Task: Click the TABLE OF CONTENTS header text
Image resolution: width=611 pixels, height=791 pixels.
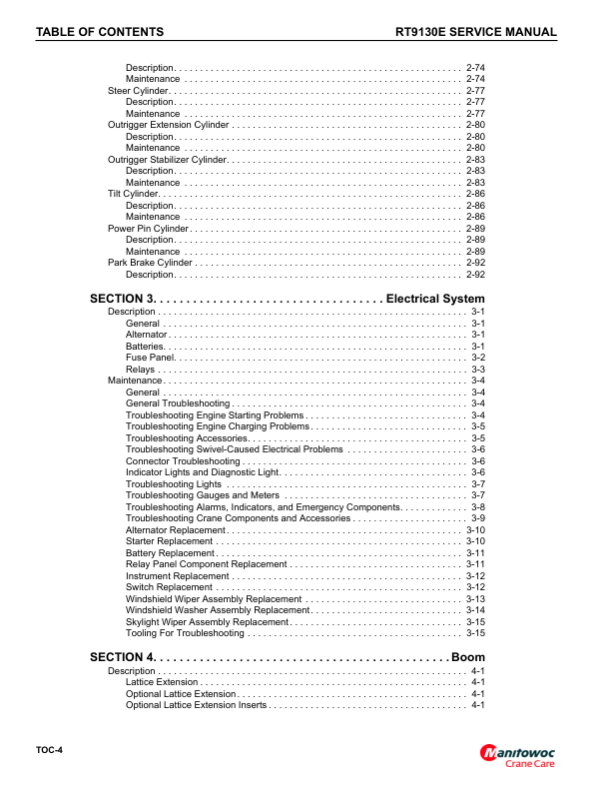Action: point(100,33)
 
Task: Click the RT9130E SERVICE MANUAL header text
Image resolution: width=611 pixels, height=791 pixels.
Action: point(476,33)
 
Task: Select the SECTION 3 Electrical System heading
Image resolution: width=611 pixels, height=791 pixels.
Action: point(288,299)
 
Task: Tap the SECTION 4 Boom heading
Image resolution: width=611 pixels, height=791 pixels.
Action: point(288,657)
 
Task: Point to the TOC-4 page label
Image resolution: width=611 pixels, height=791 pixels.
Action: point(49,749)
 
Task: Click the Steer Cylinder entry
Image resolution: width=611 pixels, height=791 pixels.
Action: point(138,90)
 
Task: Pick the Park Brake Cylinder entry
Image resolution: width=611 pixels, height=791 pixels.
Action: point(149,263)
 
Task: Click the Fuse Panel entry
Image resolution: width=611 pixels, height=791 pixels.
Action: point(151,358)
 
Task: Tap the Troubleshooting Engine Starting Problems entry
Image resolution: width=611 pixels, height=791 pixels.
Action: point(215,414)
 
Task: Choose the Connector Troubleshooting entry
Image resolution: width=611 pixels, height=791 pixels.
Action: point(183,461)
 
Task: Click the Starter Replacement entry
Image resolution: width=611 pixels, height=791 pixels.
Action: point(170,541)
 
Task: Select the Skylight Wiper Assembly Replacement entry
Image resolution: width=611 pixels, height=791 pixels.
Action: point(207,622)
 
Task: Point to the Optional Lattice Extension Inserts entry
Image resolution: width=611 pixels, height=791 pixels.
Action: point(196,705)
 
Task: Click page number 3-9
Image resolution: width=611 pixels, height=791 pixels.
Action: point(477,518)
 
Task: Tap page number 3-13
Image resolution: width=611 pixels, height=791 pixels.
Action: point(475,599)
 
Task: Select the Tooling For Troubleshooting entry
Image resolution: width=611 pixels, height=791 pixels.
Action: point(186,633)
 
